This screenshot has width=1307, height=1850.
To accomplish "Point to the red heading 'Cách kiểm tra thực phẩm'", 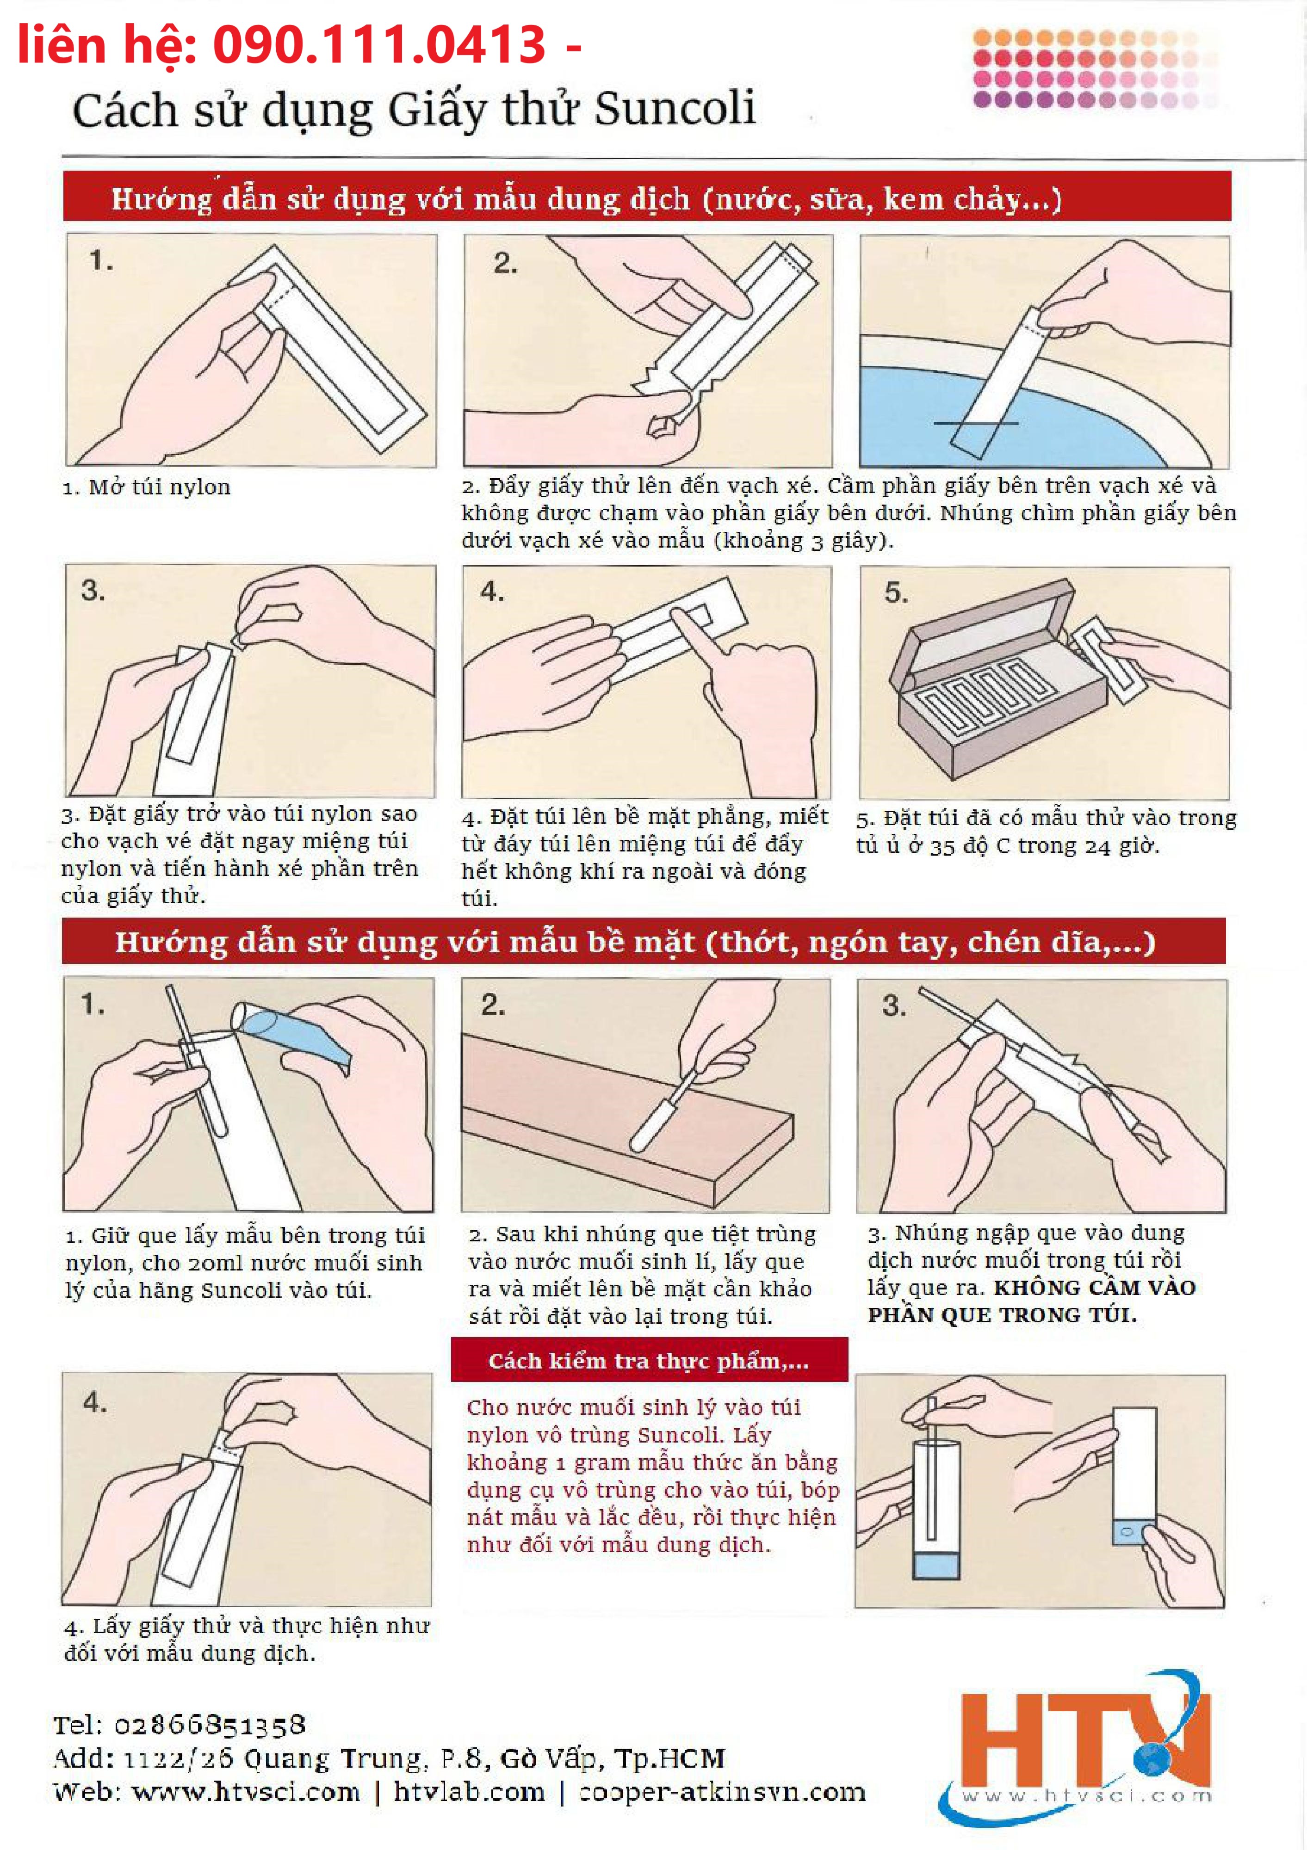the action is point(649,1361).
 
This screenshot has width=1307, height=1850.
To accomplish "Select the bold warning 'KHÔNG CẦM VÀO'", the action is point(1094,1287).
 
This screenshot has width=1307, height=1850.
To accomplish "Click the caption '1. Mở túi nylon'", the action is point(147,487).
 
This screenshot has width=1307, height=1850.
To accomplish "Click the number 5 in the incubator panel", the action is point(895,592).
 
